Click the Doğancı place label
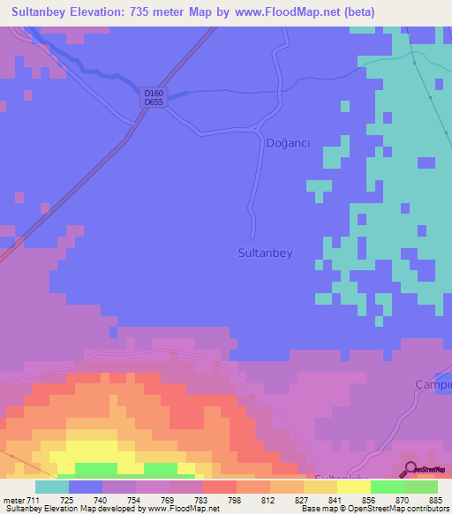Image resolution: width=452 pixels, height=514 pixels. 288,143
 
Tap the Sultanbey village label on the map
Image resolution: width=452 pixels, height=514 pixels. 265,252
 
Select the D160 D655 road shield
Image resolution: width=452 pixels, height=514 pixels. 154,96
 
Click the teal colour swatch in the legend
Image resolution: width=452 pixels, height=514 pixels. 51,487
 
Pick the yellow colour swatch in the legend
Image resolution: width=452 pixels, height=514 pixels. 353,487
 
